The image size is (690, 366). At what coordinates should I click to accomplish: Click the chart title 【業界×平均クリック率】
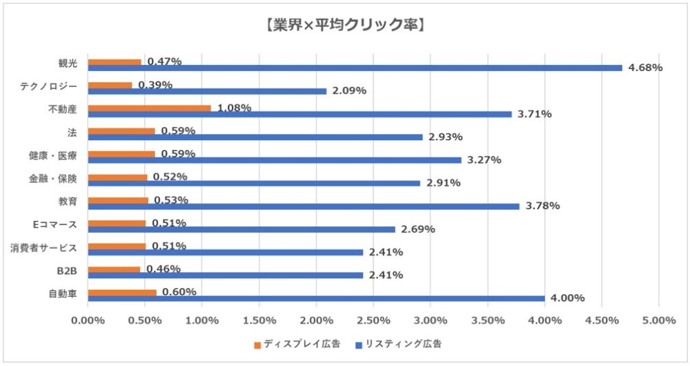point(344,25)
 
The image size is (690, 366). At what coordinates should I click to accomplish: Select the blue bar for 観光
point(355,68)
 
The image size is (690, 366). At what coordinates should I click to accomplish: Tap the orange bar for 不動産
point(149,108)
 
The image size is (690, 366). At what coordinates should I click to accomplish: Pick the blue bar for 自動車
point(317,298)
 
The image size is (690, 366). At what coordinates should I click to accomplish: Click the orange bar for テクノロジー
point(110,85)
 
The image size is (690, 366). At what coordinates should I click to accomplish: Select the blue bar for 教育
point(304,206)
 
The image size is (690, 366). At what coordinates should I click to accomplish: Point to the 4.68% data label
point(645,68)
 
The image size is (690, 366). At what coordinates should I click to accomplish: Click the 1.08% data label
point(234,108)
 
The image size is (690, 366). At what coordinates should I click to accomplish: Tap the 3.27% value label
point(484,160)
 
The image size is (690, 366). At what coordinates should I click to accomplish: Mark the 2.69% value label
point(418,229)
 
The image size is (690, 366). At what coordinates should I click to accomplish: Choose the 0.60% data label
point(179,291)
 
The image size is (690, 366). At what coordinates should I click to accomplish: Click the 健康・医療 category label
point(53,155)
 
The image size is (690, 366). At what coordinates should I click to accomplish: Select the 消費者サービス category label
point(43,248)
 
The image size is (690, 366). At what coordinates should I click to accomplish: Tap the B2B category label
point(67,271)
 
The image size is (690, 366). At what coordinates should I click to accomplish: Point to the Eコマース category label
point(55,224)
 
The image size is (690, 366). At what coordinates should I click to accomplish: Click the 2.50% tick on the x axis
point(373,320)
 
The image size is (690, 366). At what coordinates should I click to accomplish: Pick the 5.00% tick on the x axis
point(659,320)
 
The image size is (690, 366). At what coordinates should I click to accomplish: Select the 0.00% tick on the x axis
point(88,320)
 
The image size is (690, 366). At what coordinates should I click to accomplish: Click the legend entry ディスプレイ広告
point(297,344)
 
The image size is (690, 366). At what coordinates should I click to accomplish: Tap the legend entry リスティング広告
point(399,344)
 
